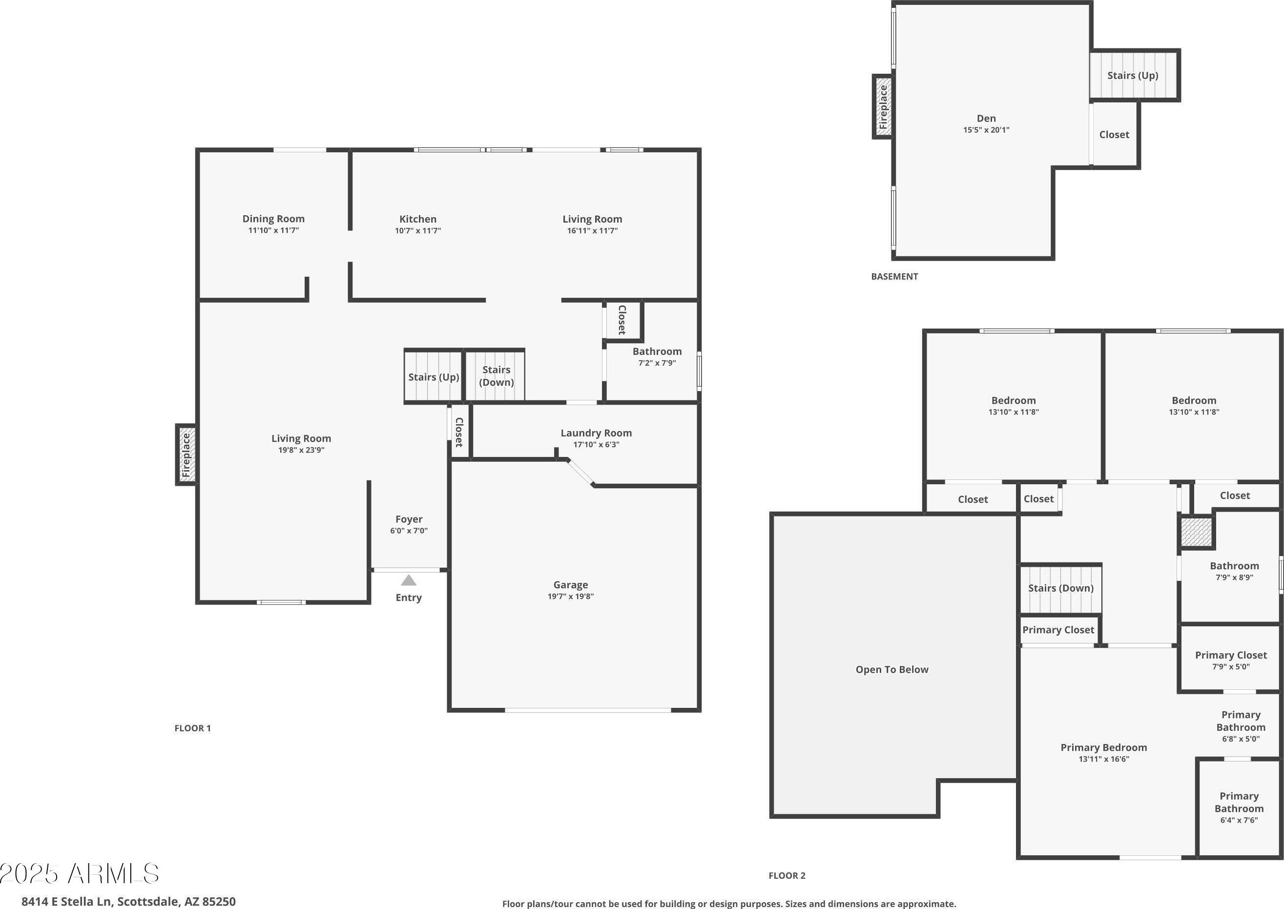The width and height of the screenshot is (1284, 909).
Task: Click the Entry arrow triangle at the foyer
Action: (409, 580)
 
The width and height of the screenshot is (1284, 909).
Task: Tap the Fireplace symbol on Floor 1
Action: (186, 454)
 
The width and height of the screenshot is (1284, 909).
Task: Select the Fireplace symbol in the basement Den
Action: (883, 106)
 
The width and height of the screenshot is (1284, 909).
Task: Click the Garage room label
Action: (570, 585)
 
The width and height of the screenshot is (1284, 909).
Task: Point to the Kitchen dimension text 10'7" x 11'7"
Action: (417, 230)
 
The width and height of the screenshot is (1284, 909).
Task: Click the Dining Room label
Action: (273, 219)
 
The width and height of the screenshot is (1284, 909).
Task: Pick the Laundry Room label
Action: (596, 433)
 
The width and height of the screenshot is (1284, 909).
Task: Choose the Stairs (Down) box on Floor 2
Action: (1061, 588)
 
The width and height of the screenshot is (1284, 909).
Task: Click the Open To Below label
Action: (891, 669)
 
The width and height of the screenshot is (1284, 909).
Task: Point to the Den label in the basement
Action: (986, 118)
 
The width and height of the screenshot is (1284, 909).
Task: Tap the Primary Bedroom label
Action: (1104, 748)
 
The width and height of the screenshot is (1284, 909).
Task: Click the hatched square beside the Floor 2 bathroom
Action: (1196, 532)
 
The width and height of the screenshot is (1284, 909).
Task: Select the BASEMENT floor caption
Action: (894, 276)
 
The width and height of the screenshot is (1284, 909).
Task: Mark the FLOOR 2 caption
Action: (787, 875)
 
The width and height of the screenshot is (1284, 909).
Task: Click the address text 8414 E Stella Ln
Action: (66, 901)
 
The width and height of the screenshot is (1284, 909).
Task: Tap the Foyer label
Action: (409, 519)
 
